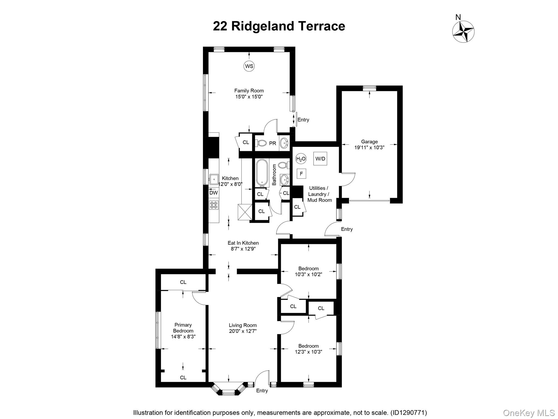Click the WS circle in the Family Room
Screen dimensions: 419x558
(249, 66)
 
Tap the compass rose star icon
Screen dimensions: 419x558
(463, 32)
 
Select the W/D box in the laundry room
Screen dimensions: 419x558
(320, 159)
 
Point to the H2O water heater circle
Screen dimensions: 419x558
(301, 159)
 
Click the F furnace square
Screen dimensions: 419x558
(301, 174)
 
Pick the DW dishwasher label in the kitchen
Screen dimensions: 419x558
(214, 193)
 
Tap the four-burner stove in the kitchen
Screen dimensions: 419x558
(214, 205)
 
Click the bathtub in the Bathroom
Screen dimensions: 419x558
(262, 172)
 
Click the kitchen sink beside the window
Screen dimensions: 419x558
(214, 179)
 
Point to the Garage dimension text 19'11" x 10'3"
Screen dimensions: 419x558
(369, 148)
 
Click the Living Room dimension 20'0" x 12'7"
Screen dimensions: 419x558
(242, 331)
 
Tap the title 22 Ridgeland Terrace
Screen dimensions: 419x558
(279, 26)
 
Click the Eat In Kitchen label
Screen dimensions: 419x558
(243, 243)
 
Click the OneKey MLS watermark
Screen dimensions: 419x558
(529, 413)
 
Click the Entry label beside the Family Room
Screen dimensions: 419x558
(303, 120)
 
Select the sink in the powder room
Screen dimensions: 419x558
(284, 143)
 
